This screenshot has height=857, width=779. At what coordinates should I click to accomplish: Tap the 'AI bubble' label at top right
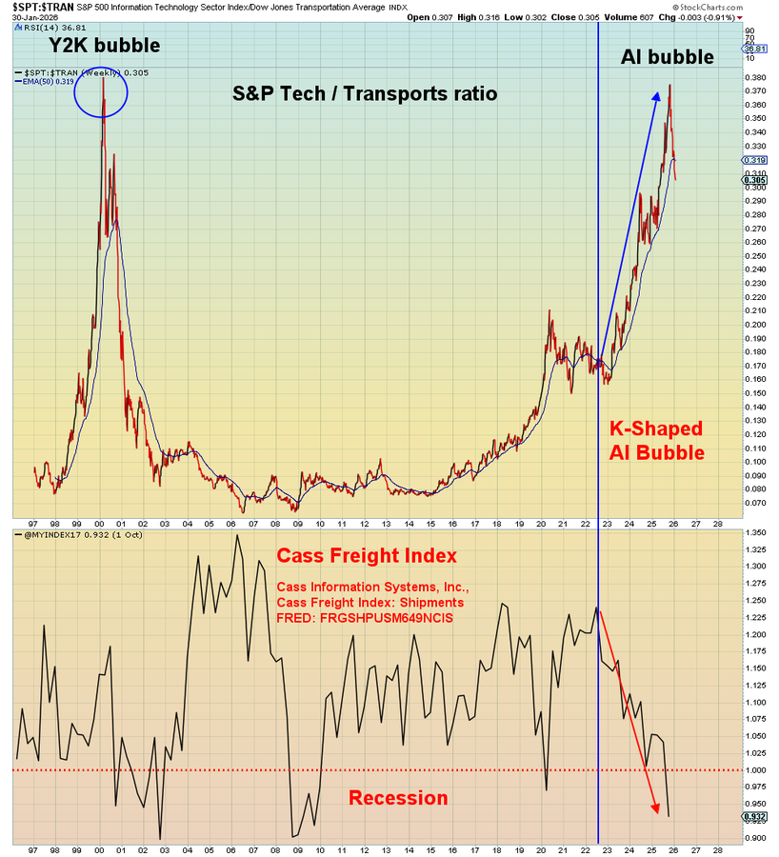667,57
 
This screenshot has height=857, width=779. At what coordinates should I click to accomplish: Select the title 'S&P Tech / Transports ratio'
366,93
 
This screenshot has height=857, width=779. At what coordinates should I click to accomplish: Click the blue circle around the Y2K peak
101,95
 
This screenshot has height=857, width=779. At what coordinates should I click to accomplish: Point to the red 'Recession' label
398,798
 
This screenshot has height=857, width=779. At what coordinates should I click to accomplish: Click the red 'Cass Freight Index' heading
367,555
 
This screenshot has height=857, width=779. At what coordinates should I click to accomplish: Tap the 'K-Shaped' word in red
656,428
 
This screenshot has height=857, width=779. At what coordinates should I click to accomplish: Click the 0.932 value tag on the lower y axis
755,817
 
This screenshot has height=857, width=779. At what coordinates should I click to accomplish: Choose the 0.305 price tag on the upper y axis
755,180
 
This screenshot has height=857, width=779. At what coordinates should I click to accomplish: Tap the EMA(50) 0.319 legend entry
48,82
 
